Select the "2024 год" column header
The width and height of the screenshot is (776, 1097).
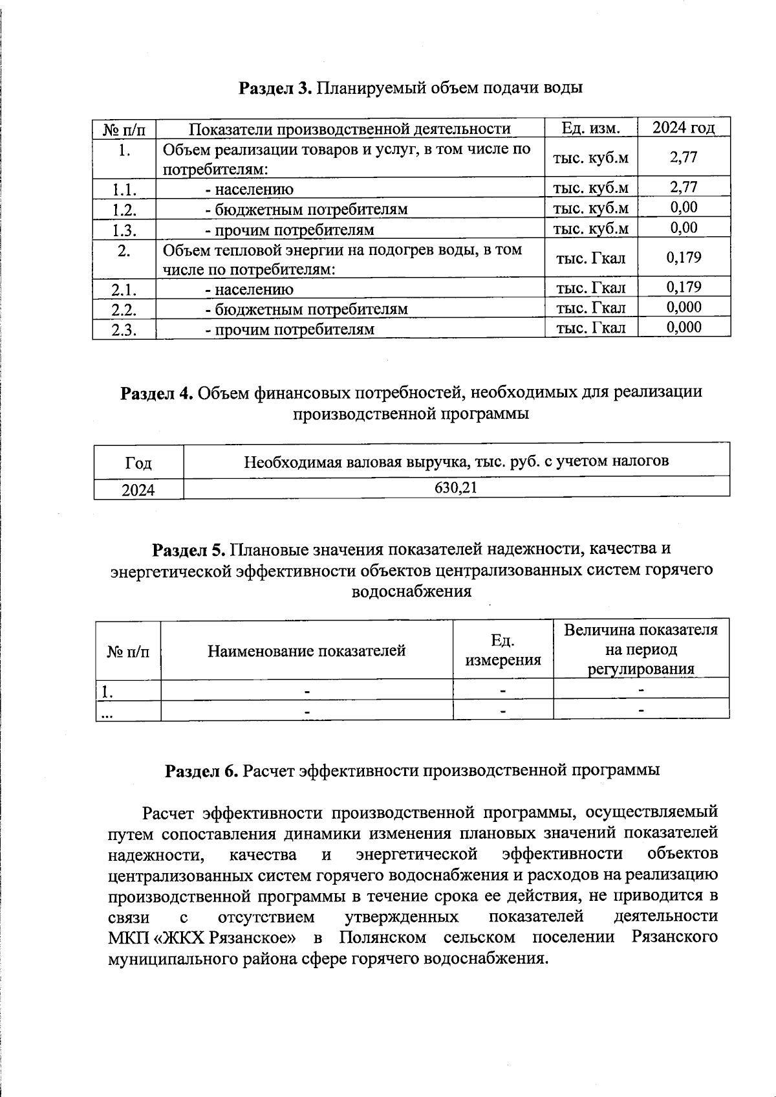pyautogui.click(x=684, y=127)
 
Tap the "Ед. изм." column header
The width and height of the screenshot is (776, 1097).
pyautogui.click(x=590, y=128)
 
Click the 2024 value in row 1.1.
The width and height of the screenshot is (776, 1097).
pyautogui.click(x=684, y=187)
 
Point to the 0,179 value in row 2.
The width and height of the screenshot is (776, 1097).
pyautogui.click(x=684, y=258)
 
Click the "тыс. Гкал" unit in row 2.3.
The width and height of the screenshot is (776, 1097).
pyautogui.click(x=590, y=327)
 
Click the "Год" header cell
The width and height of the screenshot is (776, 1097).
pyautogui.click(x=138, y=463)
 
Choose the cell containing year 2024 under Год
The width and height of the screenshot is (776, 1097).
pyautogui.click(x=138, y=489)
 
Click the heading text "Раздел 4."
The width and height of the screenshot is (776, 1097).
pyautogui.click(x=157, y=393)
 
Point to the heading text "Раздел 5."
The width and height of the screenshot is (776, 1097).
pyautogui.click(x=188, y=549)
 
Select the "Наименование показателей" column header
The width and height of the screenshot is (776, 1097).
pyautogui.click(x=307, y=650)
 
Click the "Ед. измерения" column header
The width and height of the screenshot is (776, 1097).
pyautogui.click(x=503, y=650)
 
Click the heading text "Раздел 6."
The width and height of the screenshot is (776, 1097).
pyautogui.click(x=202, y=770)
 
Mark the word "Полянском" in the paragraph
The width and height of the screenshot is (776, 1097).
pyautogui.click(x=382, y=937)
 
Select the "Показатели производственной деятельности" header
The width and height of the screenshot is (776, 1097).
pyautogui.click(x=350, y=128)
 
